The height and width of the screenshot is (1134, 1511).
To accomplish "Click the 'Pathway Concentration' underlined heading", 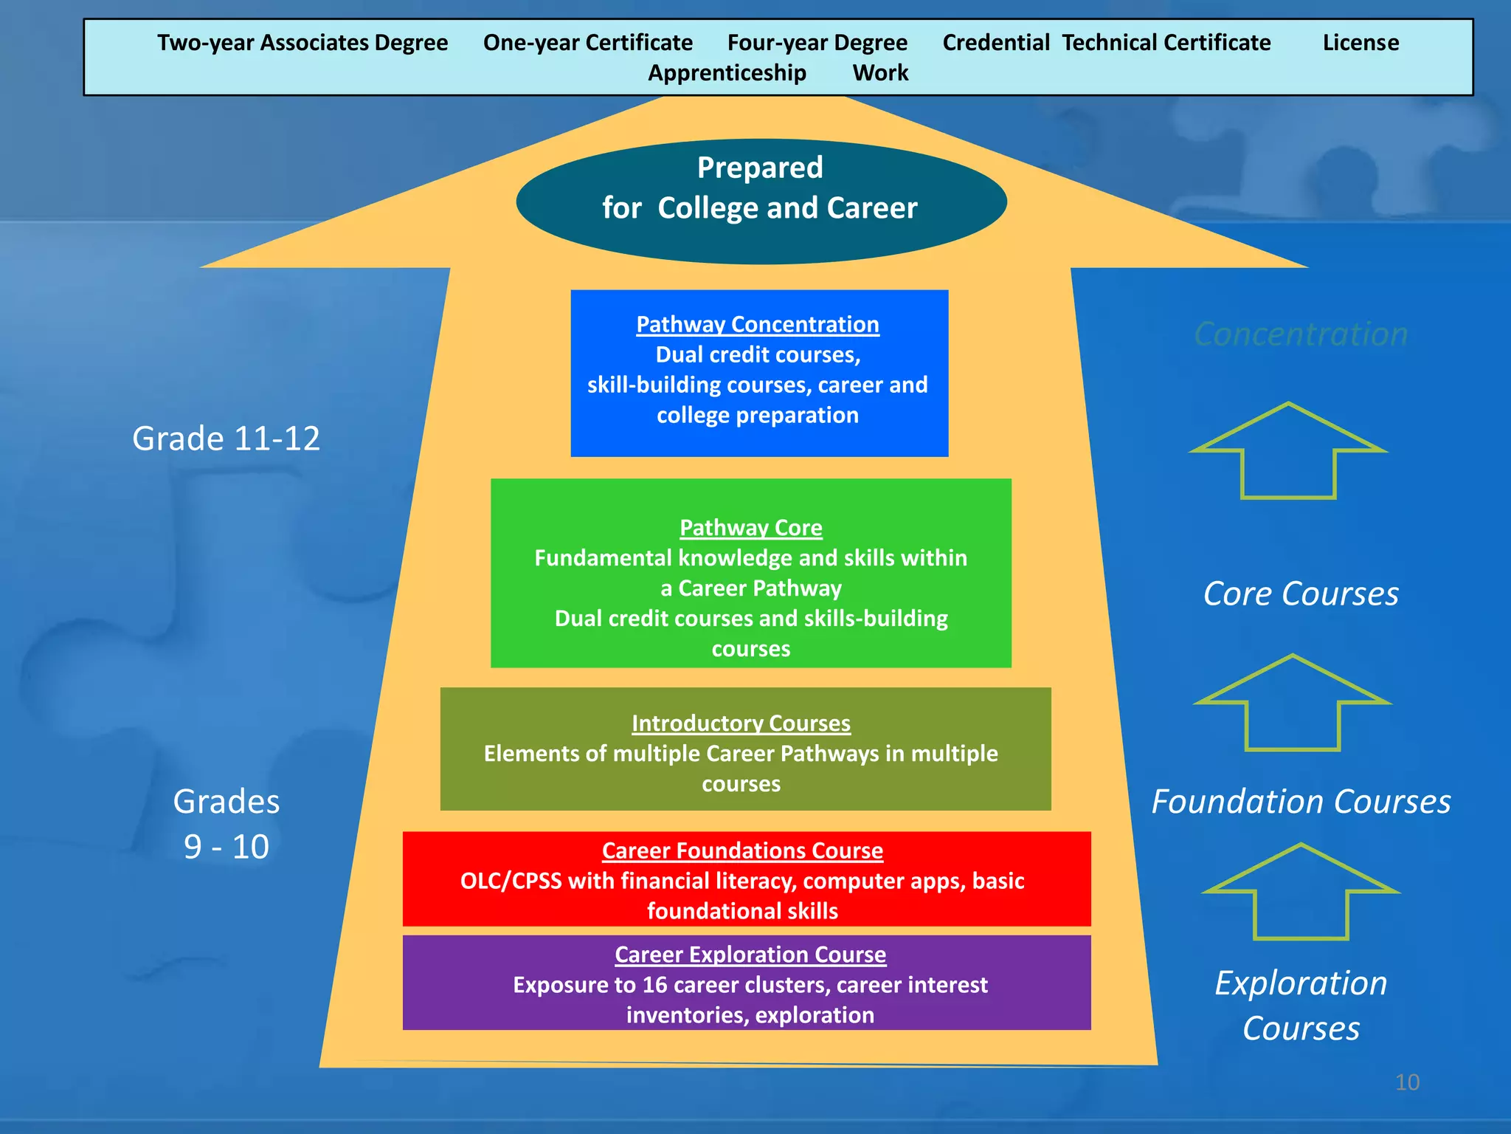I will pos(758,324).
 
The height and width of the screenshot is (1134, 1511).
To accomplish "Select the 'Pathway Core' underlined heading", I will pos(750,527).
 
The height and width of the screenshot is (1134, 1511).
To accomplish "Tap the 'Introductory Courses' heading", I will pos(741,723).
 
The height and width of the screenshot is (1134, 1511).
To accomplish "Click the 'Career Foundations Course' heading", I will pos(742,850).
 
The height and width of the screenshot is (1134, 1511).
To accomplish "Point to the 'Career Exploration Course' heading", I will pos(750,954).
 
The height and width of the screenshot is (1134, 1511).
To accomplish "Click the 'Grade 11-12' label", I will pos(226,439).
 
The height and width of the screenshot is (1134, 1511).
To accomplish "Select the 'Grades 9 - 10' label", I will pos(227,823).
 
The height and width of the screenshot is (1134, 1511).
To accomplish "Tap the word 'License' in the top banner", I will pos(1360,43).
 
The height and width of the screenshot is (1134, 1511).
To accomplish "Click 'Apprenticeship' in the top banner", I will pos(727,73).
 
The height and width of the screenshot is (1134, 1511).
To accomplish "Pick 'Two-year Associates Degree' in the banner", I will pos(302,43).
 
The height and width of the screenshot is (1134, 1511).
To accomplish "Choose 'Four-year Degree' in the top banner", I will pos(817,43).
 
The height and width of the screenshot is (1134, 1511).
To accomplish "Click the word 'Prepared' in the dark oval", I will pos(760,168).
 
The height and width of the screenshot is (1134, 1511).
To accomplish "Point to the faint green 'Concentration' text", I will pos(1301,334).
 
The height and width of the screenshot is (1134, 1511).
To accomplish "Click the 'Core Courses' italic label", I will pos(1301,594).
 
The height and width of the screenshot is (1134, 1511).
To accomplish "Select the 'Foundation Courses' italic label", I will pos(1301,802).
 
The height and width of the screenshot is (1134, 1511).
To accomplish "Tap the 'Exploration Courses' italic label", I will pos(1301,1006).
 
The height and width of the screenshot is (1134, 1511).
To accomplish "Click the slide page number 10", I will pos(1407,1082).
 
